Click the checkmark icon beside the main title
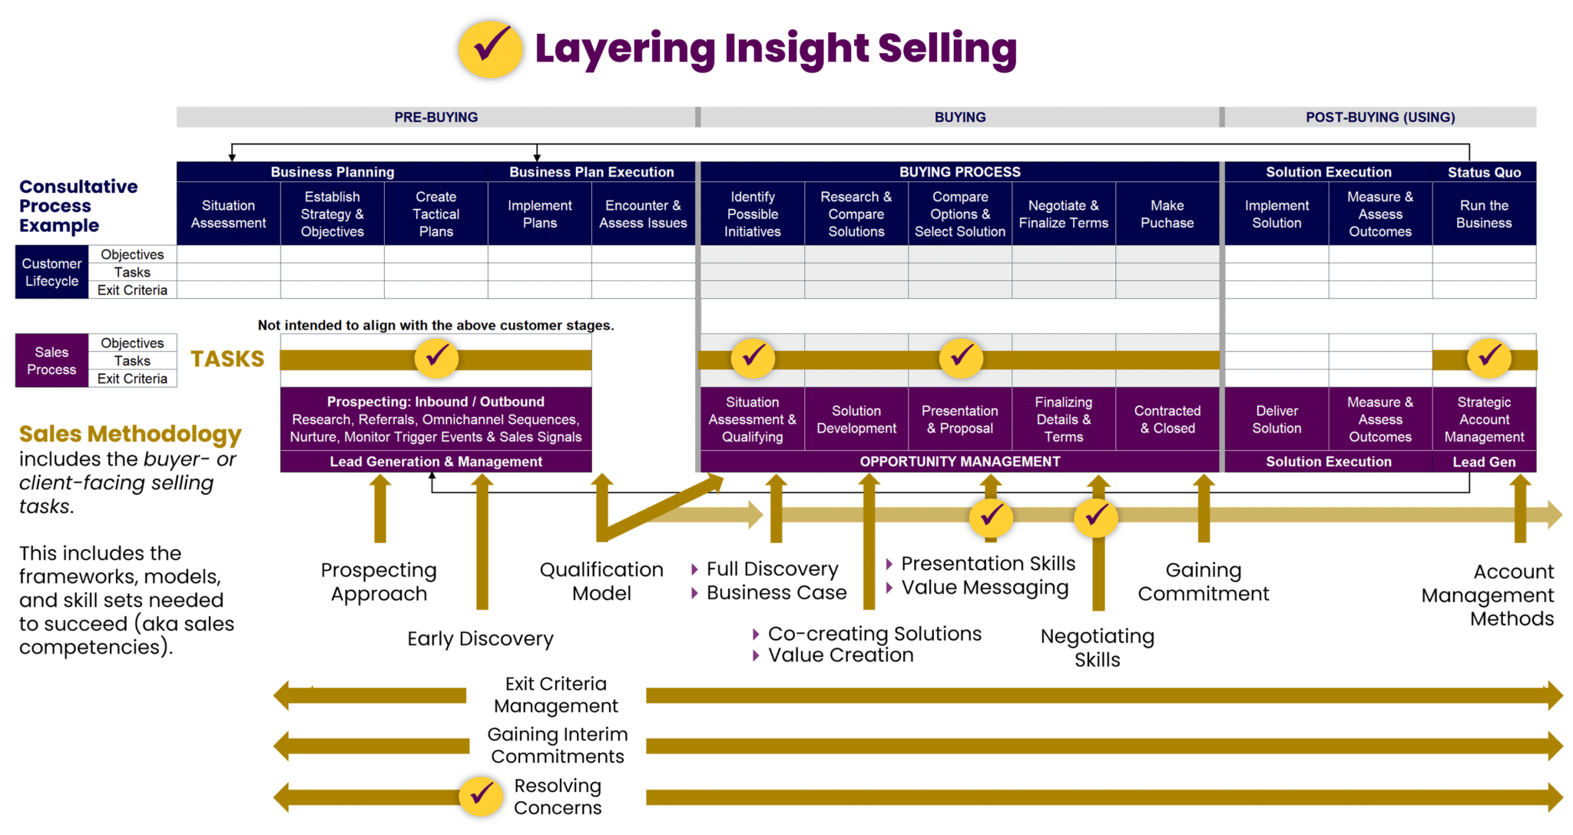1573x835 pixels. click(491, 49)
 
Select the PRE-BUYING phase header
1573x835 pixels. click(435, 117)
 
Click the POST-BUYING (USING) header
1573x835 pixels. click(1379, 117)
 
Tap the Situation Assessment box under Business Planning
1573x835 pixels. click(228, 214)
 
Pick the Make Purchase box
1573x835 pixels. click(1167, 214)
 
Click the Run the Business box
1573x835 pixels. click(1483, 214)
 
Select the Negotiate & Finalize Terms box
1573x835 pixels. click(1063, 214)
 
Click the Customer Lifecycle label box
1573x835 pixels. click(51, 272)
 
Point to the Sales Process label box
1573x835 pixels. click(51, 360)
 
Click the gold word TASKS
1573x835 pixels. click(227, 359)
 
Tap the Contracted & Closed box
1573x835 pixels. click(1167, 419)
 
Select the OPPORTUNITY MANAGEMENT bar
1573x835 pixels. click(959, 462)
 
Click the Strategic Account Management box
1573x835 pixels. click(1483, 419)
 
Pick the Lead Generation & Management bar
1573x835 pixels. click(435, 462)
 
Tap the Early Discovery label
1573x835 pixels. click(480, 638)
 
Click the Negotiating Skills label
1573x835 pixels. click(1097, 648)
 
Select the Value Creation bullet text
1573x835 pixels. click(840, 655)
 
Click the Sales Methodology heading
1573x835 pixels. click(130, 434)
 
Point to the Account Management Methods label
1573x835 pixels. click(1488, 595)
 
